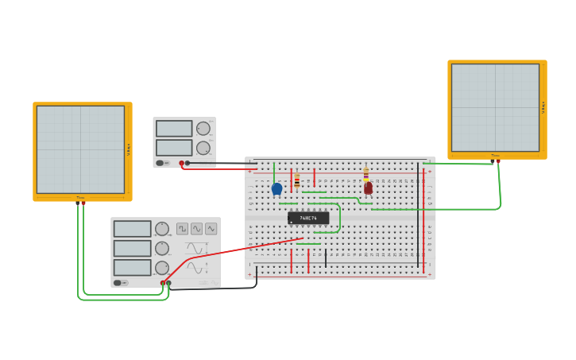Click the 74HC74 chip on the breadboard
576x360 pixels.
click(307, 218)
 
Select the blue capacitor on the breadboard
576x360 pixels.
click(276, 189)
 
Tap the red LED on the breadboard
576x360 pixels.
click(368, 188)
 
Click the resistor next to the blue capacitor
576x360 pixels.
click(297, 182)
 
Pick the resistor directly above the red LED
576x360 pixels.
click(365, 173)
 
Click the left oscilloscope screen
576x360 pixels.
click(80, 149)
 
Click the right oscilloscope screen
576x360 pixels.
click(495, 107)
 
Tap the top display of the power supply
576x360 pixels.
click(174, 129)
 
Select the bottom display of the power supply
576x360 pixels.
click(174, 148)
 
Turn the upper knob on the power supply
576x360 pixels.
click(203, 129)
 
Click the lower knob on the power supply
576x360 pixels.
click(203, 148)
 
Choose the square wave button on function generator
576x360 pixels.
click(183, 229)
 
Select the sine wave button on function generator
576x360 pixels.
click(211, 229)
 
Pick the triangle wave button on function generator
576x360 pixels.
click(196, 229)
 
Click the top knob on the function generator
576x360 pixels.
click(162, 229)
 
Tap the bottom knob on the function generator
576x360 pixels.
click(162, 268)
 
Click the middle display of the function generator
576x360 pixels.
click(132, 248)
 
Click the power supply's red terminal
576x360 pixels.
click(181, 163)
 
